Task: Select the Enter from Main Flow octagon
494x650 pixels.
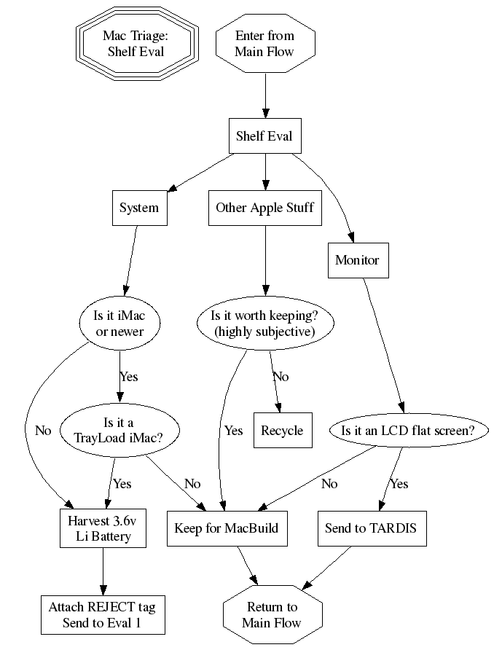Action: tap(264, 43)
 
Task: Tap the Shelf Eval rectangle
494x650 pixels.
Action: tap(264, 136)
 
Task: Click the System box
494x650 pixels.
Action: tap(138, 208)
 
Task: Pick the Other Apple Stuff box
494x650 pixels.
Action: tap(264, 208)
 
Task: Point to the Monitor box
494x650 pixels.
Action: tap(357, 259)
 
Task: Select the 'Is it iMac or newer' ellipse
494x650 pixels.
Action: tap(119, 324)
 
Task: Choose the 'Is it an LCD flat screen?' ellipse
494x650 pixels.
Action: tap(407, 430)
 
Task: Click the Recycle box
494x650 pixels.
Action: tap(282, 430)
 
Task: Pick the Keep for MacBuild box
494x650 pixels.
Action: tap(227, 528)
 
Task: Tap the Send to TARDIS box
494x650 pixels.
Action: tap(370, 528)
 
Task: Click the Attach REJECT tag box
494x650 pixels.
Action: tap(102, 614)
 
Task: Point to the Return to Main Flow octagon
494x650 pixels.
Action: tap(272, 614)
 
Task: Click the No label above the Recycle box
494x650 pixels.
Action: tap(281, 377)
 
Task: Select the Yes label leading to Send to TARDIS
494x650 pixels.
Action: tap(399, 484)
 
